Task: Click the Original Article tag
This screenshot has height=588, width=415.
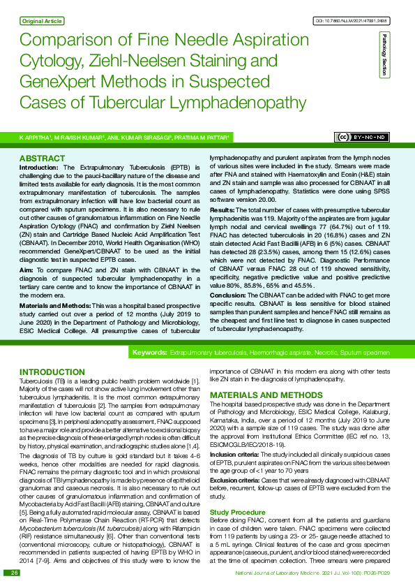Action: (x=43, y=22)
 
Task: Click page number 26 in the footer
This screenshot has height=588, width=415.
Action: (x=14, y=573)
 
